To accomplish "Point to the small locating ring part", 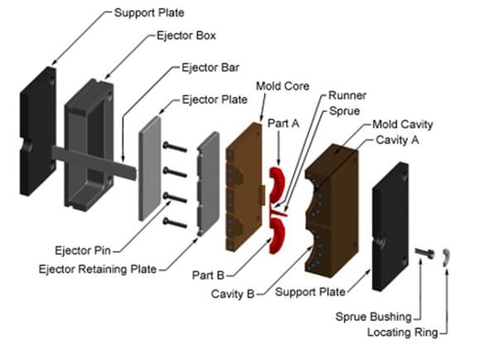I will click(x=446, y=259).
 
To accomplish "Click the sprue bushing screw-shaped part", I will click(x=424, y=252).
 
